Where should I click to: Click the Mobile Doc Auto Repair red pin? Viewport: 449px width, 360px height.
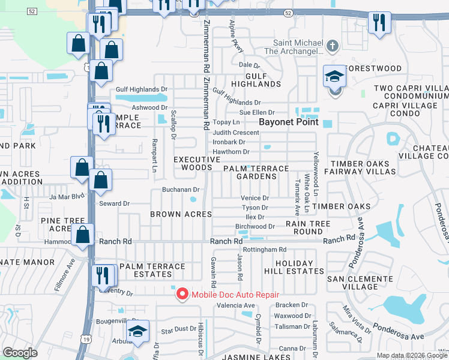(180, 293)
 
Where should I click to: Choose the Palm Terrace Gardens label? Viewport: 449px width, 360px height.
(256, 173)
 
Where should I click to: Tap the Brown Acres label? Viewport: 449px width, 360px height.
(181, 214)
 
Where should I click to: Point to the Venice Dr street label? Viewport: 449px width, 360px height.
(255, 198)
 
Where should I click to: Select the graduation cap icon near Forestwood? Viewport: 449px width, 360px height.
(335, 76)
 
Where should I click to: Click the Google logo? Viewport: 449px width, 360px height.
(20, 353)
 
